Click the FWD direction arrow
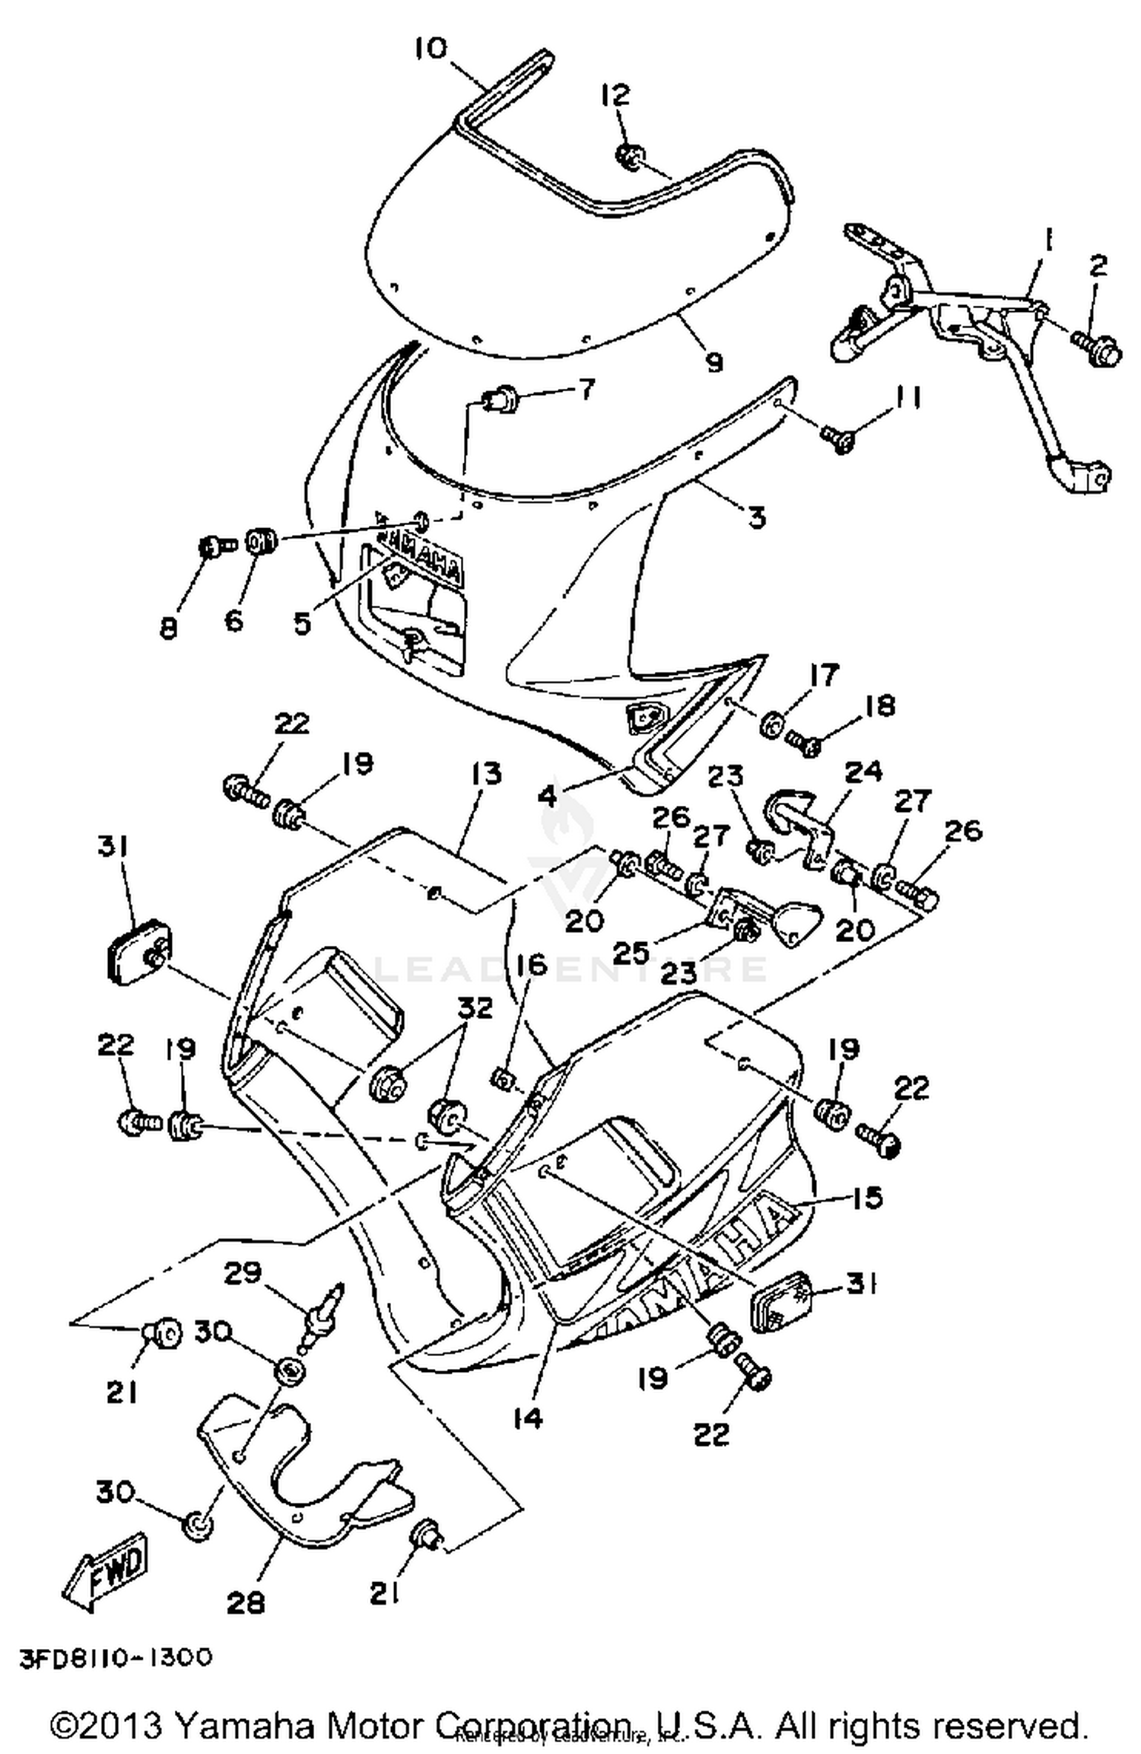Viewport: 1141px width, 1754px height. point(106,1569)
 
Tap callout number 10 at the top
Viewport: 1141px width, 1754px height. point(432,50)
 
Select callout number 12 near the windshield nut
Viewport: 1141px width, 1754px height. point(615,97)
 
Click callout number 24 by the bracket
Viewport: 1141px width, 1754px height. point(863,771)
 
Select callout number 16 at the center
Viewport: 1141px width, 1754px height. point(532,965)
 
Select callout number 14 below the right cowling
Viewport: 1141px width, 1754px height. point(528,1417)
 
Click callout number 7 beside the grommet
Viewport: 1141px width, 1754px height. point(586,390)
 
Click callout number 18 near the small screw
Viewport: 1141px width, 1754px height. point(880,705)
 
